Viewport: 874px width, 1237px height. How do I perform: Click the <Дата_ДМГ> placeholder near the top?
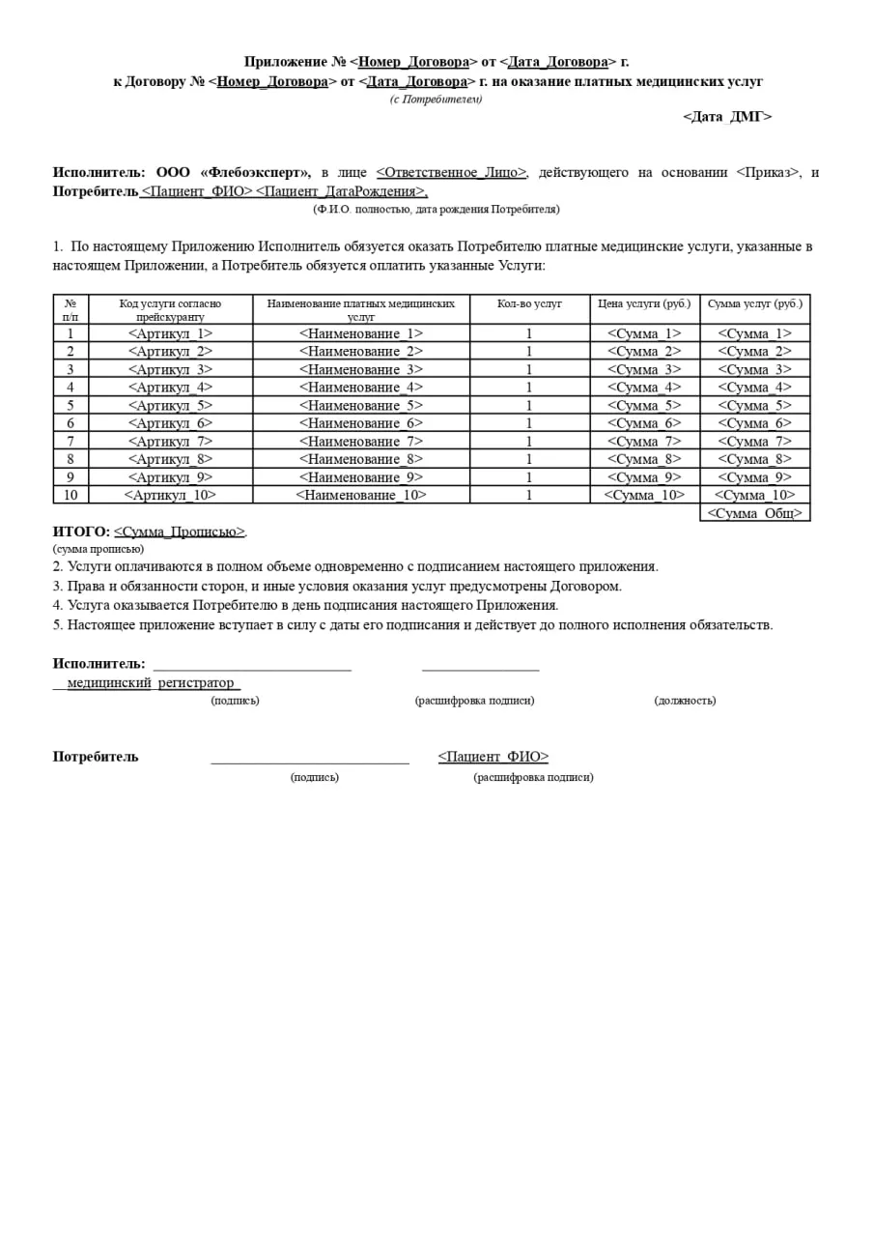727,117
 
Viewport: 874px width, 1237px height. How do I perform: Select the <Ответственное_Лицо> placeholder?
451,173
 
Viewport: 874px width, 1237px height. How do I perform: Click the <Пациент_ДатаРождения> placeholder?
341,191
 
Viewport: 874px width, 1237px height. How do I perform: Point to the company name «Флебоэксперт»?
255,173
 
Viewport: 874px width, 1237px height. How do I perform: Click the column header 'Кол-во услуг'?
529,303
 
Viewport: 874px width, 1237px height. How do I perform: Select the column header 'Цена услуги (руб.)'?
644,303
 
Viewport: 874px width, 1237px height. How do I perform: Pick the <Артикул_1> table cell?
170,333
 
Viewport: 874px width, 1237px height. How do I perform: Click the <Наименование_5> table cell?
360,405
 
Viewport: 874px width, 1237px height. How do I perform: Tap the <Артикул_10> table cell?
170,495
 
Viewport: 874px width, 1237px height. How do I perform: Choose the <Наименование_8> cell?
360,459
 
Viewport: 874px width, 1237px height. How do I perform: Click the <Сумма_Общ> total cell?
754,513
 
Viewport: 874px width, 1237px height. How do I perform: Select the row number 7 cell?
70,442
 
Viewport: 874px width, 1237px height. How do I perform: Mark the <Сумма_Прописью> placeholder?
180,532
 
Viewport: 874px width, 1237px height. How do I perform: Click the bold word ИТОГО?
80,532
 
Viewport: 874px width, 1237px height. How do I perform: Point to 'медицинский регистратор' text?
151,683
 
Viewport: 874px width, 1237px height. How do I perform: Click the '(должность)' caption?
685,701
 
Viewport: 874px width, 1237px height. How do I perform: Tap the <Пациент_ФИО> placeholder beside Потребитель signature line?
493,757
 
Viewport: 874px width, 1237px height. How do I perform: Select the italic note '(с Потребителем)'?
437,100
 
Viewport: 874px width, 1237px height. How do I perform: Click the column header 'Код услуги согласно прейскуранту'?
170,309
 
